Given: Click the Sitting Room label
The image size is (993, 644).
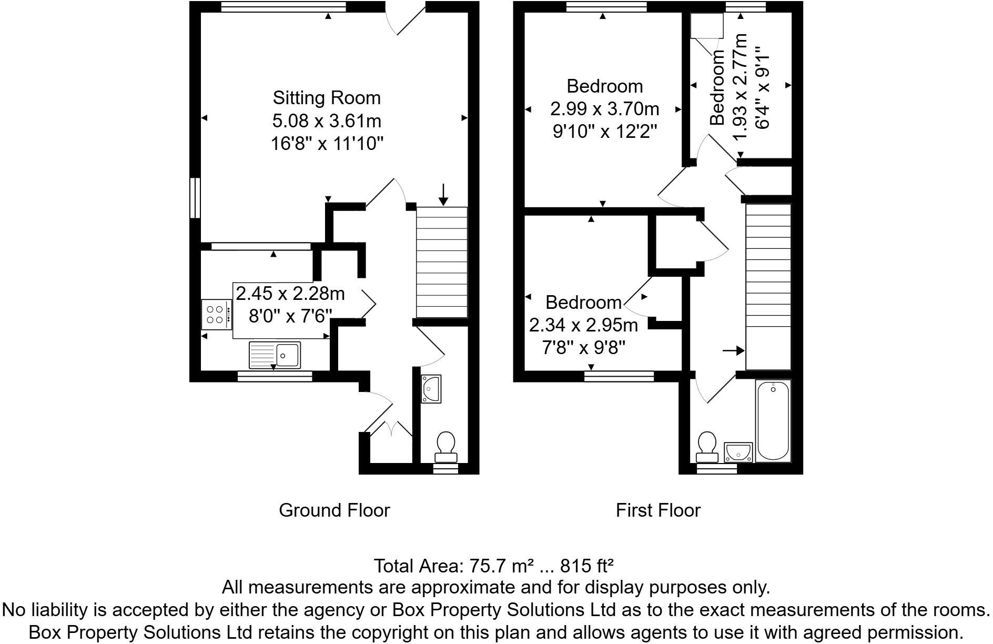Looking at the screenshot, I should click(326, 98).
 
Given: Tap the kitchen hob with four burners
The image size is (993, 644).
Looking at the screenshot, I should click(216, 315).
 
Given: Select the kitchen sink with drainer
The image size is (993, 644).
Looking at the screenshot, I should click(275, 355).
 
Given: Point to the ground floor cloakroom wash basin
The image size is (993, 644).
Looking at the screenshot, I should click(431, 389).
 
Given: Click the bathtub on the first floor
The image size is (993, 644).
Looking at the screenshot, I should click(773, 420).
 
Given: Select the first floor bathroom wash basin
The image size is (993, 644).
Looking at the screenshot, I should click(738, 452).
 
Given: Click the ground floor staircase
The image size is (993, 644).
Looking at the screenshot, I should click(442, 262).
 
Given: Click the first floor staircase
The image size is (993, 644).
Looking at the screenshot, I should click(768, 287).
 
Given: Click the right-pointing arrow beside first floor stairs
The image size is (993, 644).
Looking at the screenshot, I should click(733, 350).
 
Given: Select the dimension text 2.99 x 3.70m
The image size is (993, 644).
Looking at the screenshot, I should click(604, 109).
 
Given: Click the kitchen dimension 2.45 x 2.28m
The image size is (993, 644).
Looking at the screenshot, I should click(290, 293).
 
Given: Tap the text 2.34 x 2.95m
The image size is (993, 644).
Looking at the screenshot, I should click(583, 325).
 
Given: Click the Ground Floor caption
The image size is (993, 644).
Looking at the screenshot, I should click(334, 510).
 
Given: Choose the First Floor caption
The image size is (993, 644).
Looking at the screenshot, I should click(658, 510).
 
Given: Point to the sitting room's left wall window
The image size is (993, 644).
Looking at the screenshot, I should click(195, 198).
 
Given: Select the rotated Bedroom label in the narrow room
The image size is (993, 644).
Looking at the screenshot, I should click(718, 87).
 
